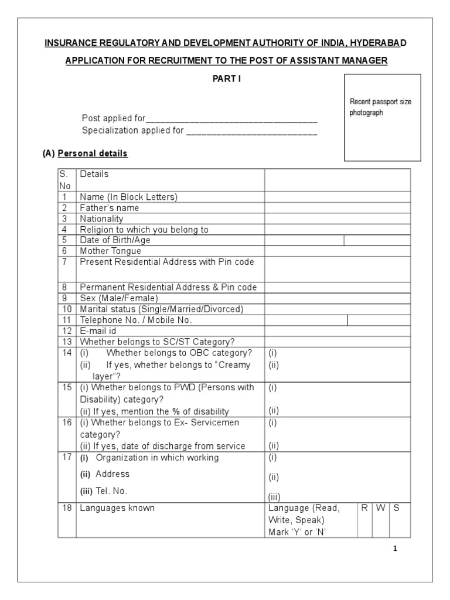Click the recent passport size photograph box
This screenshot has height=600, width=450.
382,117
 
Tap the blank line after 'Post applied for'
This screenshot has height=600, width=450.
231,119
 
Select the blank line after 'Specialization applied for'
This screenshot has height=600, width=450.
251,131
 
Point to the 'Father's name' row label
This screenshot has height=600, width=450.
110,208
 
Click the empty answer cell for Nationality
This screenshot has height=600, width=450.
337,219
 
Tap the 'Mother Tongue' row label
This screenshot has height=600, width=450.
110,251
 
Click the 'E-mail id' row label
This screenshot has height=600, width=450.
98,330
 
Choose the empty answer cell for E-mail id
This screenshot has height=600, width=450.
337,330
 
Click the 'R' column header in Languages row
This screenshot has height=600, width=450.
364,508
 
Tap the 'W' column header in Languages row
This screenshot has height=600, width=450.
381,508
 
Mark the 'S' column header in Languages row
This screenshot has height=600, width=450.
397,508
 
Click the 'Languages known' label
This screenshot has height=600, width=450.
117,508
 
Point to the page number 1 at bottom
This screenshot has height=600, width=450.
396,549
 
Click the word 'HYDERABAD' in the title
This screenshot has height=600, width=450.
375,44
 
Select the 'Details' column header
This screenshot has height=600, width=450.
94,174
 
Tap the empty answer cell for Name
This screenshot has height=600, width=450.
337,197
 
